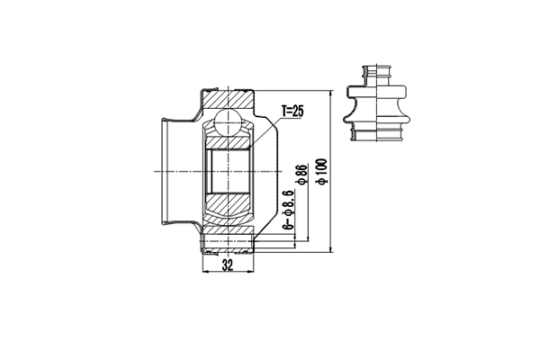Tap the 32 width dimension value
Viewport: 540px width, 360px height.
point(229,267)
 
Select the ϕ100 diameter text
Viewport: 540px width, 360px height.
point(320,172)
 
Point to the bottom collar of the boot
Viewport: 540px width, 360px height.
point(375,136)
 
